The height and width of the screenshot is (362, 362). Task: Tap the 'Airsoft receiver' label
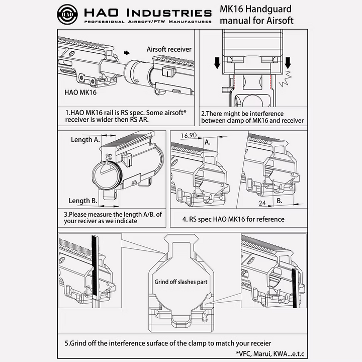pos(169,49)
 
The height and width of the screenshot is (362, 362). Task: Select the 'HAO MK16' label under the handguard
pos(80,93)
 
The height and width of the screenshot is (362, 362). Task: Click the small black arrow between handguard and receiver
pos(127,51)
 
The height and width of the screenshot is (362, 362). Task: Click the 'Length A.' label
pos(85,139)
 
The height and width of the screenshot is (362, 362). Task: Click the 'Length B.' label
pos(83,201)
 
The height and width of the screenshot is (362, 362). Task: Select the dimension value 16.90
pos(189,136)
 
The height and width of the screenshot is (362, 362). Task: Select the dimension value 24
pos(261,203)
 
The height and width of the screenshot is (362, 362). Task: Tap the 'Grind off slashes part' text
pos(180,282)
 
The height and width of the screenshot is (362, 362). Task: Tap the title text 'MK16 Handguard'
pos(255,10)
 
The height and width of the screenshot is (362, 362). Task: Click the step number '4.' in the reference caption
pos(185,219)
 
